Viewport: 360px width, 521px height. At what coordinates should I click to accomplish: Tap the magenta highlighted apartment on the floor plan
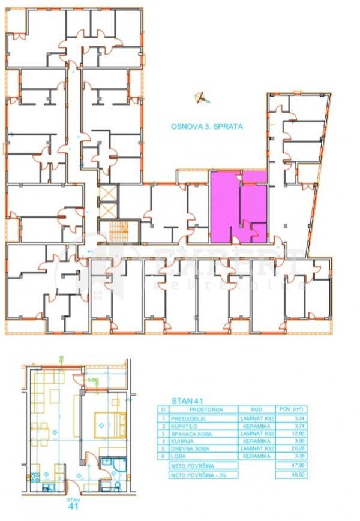point(238,205)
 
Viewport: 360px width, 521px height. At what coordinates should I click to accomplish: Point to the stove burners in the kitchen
point(34,478)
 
